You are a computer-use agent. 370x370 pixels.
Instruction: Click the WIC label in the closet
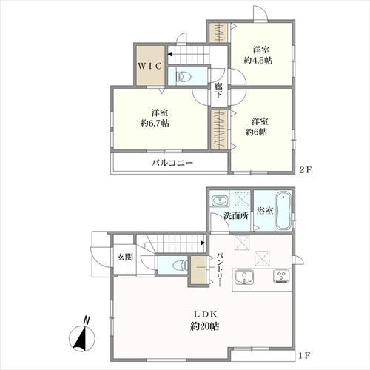[x=150, y=66]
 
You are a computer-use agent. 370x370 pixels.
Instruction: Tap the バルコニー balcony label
[x=172, y=163]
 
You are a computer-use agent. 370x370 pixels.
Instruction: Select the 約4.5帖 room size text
[x=258, y=61]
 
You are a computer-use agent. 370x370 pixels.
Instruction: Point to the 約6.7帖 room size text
[x=155, y=123]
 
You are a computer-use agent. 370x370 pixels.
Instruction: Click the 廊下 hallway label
[x=218, y=90]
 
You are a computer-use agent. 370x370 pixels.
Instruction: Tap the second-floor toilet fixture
[x=182, y=77]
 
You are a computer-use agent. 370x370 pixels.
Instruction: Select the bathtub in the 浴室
[x=283, y=211]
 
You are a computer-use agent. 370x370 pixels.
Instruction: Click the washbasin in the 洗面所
[x=220, y=201]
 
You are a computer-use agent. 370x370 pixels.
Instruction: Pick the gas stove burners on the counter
[x=281, y=276]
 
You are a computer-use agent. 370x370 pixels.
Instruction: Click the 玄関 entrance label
[x=125, y=258]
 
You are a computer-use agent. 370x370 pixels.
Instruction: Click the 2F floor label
[x=306, y=169]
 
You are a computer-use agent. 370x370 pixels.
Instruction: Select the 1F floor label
[x=304, y=356]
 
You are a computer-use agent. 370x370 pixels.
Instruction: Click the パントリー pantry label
[x=220, y=269]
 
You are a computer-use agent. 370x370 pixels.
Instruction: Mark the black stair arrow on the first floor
[x=203, y=243]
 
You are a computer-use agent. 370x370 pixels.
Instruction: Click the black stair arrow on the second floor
[x=169, y=54]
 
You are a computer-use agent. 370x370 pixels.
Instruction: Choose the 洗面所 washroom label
[x=236, y=216]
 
